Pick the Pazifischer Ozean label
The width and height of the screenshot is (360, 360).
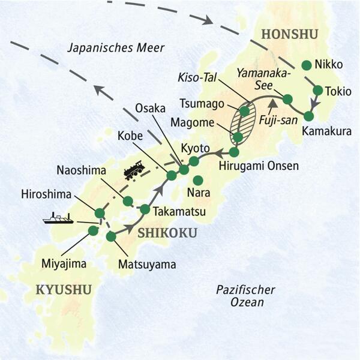tap(246, 296)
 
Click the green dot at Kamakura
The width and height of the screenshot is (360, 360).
tap(310, 116)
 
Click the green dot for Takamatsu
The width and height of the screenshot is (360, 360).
tap(145, 209)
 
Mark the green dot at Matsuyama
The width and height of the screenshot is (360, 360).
tap(110, 236)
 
